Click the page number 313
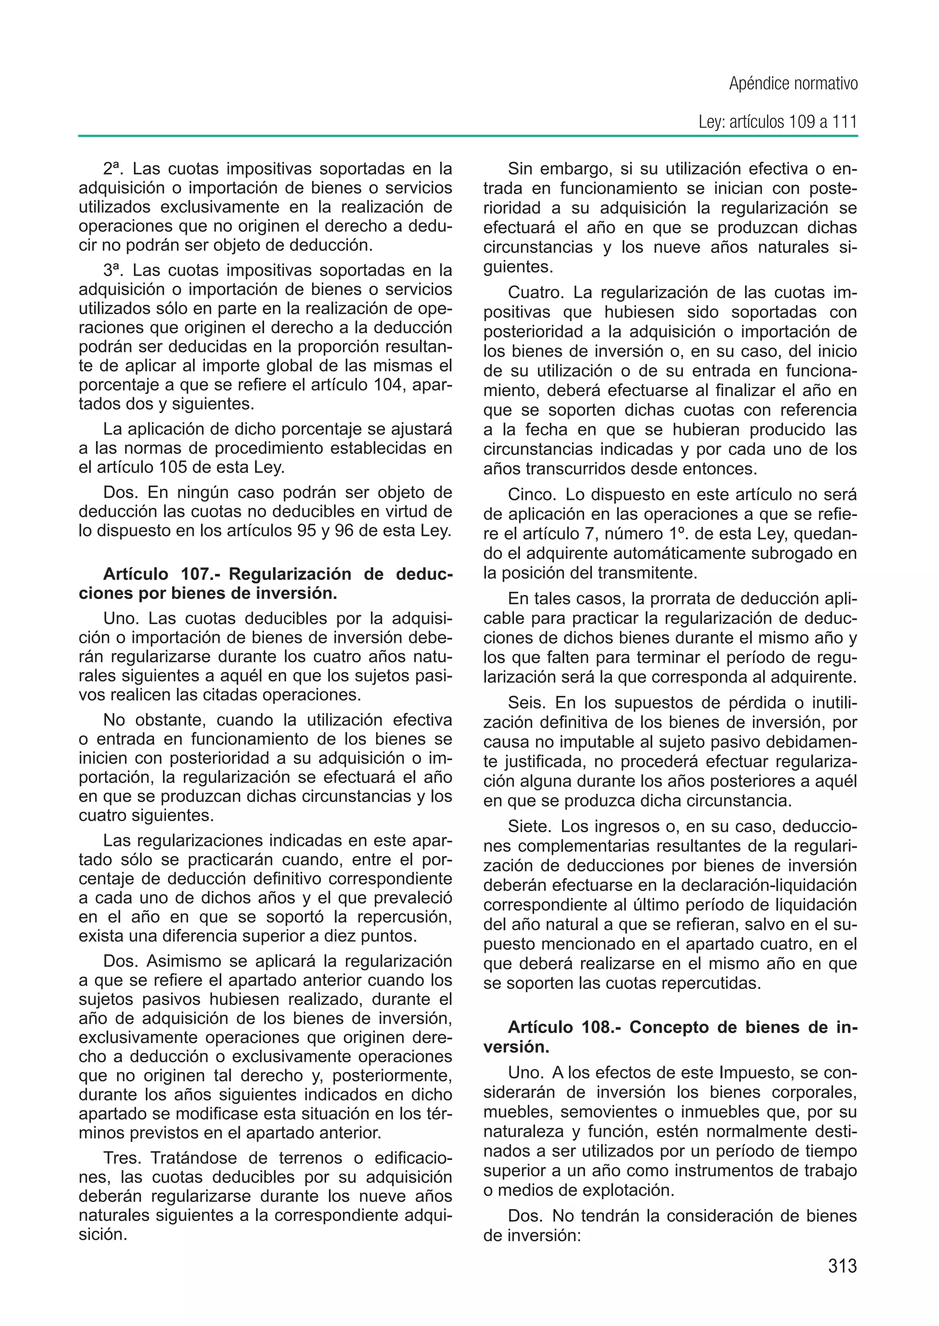[x=842, y=1266]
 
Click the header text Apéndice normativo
[x=793, y=84]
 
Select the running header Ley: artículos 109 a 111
[x=778, y=122]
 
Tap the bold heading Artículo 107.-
[x=161, y=574]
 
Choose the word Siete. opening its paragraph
[x=530, y=826]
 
